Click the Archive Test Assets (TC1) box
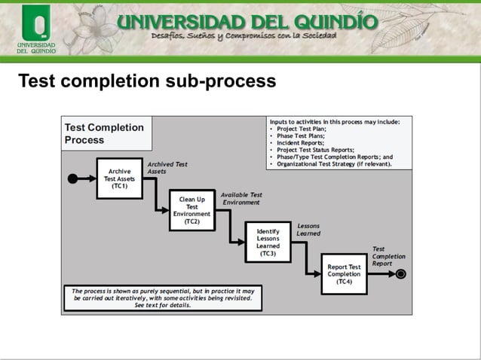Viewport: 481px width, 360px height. click(119, 178)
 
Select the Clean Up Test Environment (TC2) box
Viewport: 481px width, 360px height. click(191, 210)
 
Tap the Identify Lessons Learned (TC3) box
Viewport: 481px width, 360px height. click(268, 242)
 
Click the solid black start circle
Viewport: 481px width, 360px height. click(73, 178)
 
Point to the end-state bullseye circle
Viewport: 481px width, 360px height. click(402, 273)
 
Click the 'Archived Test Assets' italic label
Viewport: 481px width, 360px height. click(167, 167)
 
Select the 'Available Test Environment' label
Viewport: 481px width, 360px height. click(241, 198)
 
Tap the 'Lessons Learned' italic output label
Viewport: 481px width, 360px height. click(308, 230)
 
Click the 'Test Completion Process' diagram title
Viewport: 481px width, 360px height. click(104, 133)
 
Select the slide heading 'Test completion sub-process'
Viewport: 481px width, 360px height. click(147, 80)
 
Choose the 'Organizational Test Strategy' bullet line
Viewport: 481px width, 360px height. click(334, 163)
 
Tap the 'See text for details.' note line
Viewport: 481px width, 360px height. click(162, 305)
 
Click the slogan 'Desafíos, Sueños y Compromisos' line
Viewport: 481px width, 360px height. click(244, 36)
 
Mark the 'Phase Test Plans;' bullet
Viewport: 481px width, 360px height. click(305, 136)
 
